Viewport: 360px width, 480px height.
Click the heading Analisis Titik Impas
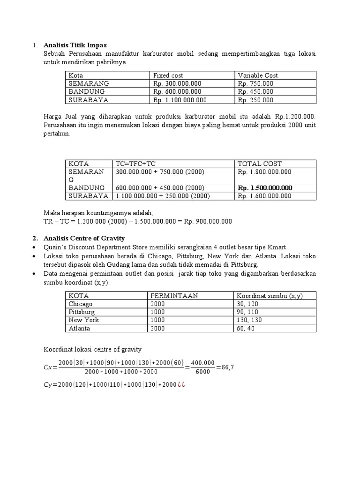pos(75,45)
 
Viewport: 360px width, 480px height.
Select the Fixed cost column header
pos(168,75)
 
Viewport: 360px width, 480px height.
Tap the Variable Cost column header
pos(258,75)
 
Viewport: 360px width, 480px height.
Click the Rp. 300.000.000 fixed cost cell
pos(177,83)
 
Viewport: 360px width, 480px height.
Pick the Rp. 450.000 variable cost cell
pos(255,92)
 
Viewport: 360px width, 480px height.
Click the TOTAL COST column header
pos(260,164)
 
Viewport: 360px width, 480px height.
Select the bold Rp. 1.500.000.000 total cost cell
pos(265,187)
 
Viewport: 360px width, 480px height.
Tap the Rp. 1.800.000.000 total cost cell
pos(264,172)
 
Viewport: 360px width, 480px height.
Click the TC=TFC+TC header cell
pos(135,164)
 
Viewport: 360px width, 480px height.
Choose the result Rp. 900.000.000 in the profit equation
pos(210,221)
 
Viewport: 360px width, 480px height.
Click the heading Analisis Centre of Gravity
pos(84,238)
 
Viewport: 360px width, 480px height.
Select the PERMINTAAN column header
pos(174,296)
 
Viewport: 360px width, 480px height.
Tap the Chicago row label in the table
pos(81,304)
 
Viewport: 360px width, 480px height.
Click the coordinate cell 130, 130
pos(249,320)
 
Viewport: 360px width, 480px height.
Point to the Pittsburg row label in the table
pos(82,312)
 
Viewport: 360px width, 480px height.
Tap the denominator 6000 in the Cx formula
pos(203,372)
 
